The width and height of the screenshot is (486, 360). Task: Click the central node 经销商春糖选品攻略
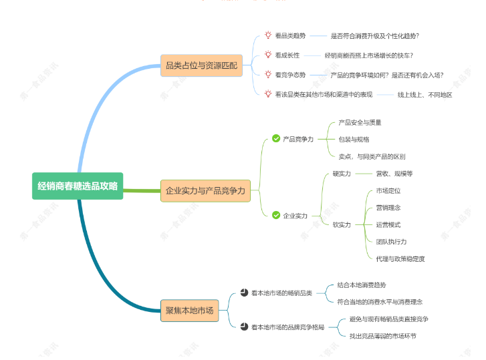point(78,186)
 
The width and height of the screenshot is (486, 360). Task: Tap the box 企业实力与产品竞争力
point(205,191)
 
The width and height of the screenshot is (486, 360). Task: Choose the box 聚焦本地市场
point(190,310)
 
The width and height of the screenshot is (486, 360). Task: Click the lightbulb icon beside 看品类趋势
point(268,35)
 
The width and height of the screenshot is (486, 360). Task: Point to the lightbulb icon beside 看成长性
point(268,55)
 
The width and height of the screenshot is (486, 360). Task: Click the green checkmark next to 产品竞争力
point(276,139)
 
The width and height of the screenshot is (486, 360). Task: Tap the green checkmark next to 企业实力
point(276,215)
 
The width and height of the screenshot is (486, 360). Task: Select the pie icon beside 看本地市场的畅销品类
point(244,293)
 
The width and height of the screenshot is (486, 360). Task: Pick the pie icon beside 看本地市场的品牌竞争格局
point(244,327)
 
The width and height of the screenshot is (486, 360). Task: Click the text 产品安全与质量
point(360,122)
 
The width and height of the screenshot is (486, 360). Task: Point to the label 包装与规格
point(354,140)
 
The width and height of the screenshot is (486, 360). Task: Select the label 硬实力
point(342,174)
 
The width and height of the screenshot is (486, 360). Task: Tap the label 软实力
point(342,224)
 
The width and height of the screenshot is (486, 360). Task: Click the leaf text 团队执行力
point(391,241)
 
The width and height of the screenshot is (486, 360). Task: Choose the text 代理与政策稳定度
point(400,258)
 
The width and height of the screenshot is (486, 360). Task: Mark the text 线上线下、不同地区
point(424,95)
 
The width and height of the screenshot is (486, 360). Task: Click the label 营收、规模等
point(394,174)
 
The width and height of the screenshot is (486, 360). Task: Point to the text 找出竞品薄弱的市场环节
point(382,336)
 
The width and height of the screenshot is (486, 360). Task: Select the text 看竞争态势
point(290,75)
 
